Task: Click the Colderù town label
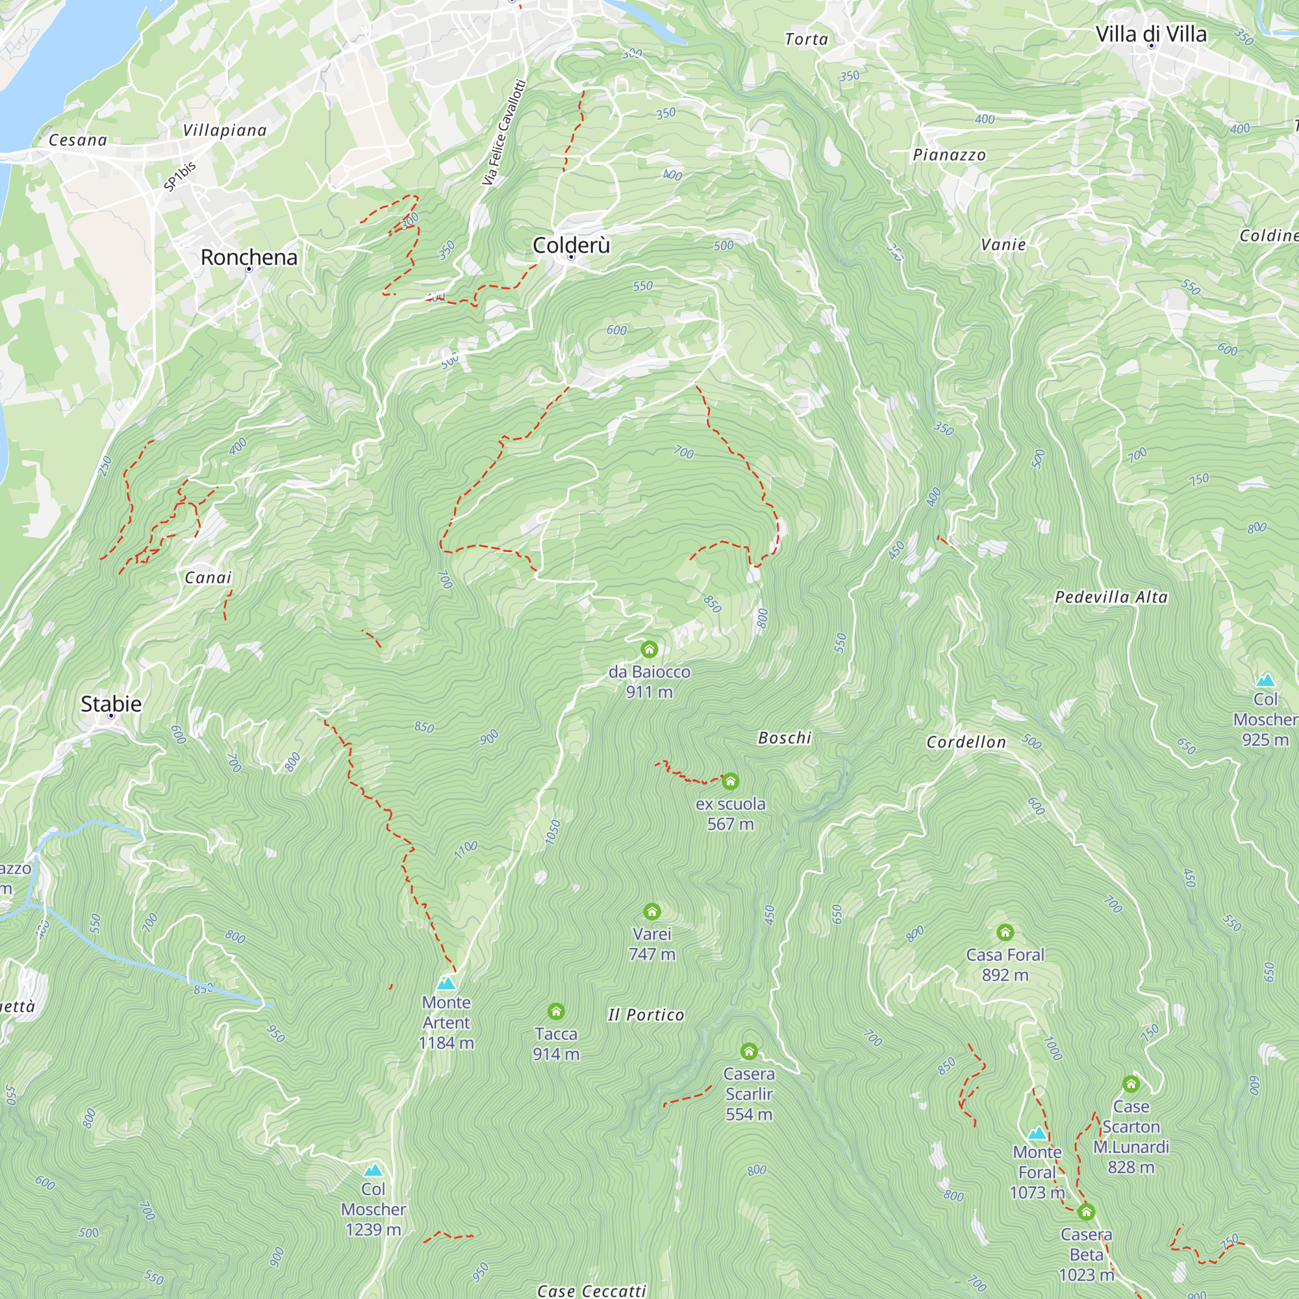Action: click(x=571, y=246)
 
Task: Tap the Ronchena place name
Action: click(x=249, y=257)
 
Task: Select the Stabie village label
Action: click(x=111, y=704)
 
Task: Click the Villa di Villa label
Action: click(x=1150, y=34)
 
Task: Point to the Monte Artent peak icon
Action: click(x=446, y=983)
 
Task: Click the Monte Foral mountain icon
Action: click(x=1037, y=1133)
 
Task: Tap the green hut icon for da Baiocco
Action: click(x=649, y=649)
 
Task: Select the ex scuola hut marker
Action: click(x=730, y=781)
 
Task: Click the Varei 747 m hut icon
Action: click(x=651, y=912)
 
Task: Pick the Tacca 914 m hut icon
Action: click(x=555, y=1012)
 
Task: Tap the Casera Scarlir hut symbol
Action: click(x=749, y=1052)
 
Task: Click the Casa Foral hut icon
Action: click(x=1005, y=933)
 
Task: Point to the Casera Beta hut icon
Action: click(x=1086, y=1212)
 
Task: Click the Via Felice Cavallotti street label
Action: click(x=503, y=132)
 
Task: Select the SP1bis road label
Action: click(x=179, y=176)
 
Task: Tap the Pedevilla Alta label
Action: click(x=1111, y=597)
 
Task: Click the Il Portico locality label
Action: click(x=646, y=1015)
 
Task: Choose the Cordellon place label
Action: click(x=966, y=742)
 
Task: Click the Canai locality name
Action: click(x=208, y=577)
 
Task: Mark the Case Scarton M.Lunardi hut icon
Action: click(x=1131, y=1084)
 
